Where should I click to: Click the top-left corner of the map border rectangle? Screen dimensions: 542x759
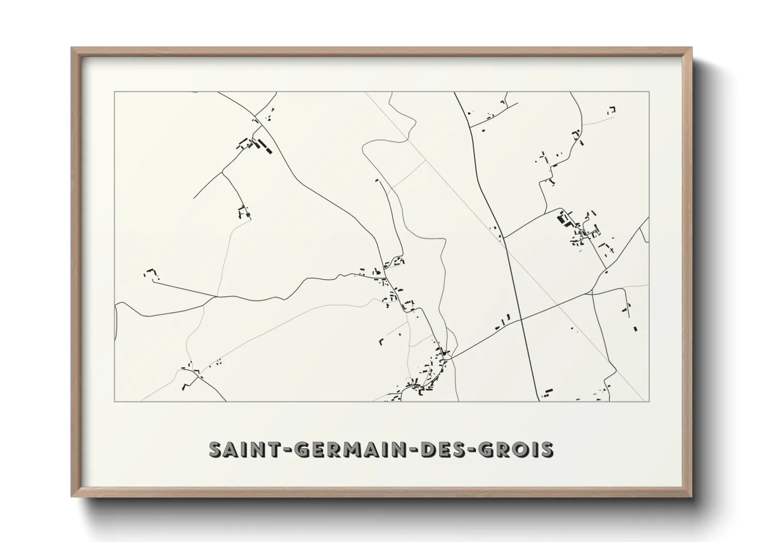pyautogui.click(x=114, y=92)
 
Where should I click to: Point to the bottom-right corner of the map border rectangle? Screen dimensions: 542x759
pyautogui.click(x=649, y=401)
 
